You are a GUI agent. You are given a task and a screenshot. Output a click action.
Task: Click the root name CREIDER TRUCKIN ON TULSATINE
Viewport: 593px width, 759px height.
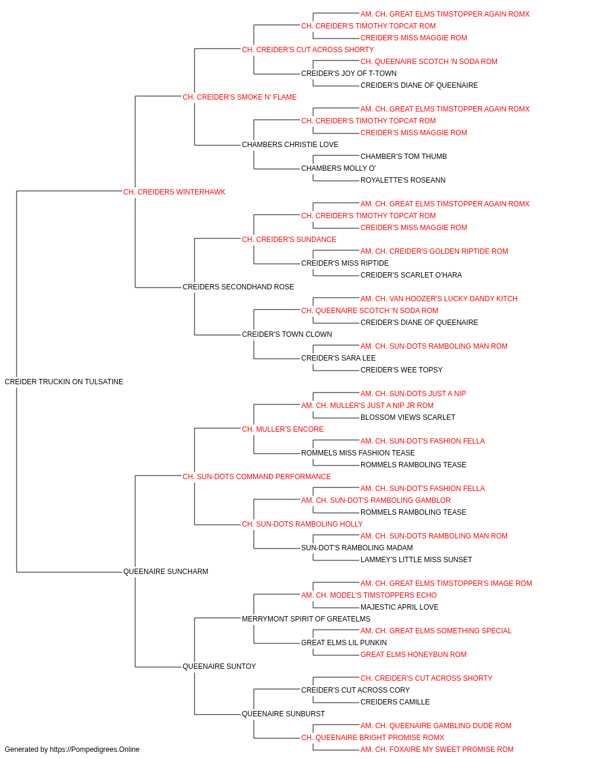[x=64, y=381]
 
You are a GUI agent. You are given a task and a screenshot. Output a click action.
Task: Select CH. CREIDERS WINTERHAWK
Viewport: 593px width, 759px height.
[x=174, y=192]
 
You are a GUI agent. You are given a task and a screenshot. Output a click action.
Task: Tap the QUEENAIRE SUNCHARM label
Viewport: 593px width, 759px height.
[x=165, y=572]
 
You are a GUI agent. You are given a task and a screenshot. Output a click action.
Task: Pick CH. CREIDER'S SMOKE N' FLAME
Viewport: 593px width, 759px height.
[x=240, y=97]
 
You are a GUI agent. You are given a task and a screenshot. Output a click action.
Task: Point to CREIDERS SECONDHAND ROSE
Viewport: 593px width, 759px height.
[x=238, y=287]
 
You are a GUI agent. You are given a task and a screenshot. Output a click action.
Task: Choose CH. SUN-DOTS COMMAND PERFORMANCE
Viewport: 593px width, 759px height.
[x=257, y=476]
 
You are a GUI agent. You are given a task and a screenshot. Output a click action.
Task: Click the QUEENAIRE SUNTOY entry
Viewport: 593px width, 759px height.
[x=219, y=666]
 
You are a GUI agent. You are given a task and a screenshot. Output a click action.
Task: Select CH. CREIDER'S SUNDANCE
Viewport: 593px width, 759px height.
[x=289, y=239]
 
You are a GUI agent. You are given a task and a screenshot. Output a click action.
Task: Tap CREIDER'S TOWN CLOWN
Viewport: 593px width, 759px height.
[x=287, y=334]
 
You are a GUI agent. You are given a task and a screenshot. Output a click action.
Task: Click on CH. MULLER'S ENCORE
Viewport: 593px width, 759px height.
[x=282, y=429]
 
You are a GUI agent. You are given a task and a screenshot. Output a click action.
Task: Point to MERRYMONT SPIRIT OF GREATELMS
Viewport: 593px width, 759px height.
[x=306, y=619]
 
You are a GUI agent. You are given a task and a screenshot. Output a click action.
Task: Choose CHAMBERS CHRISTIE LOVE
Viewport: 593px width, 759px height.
[x=290, y=145]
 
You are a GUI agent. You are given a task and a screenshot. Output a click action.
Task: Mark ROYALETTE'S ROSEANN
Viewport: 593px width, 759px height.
[x=403, y=180]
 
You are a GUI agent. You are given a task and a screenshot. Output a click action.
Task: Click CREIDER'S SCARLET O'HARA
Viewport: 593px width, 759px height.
[x=411, y=275]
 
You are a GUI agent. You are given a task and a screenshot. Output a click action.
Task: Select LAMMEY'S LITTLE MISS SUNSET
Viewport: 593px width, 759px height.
[x=416, y=560]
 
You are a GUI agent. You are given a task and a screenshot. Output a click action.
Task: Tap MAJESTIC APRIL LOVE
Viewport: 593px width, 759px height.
[x=400, y=607]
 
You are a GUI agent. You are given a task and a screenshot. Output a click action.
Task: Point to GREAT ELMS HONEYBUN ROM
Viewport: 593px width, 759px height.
[x=413, y=654]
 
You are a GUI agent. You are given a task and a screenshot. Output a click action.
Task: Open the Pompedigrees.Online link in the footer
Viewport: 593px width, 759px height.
[x=95, y=750]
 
